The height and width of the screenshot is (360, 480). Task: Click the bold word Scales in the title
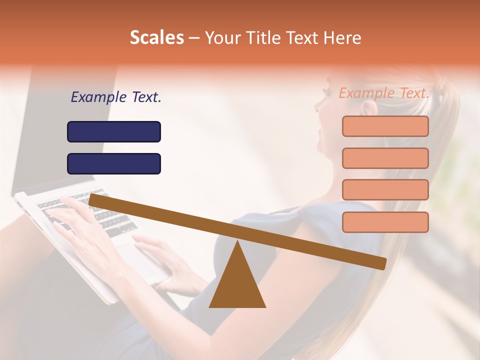(x=156, y=38)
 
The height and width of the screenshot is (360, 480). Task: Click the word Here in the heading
(x=342, y=38)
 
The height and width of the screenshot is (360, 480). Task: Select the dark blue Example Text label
(x=116, y=97)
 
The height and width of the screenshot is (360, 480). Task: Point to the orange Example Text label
(x=383, y=93)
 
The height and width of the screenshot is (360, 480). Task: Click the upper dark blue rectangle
(x=114, y=131)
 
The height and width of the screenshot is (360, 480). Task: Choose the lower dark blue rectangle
(x=114, y=163)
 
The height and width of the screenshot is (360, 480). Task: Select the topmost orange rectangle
(x=385, y=126)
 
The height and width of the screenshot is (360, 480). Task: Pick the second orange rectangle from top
(x=385, y=158)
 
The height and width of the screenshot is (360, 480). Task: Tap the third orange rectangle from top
(x=385, y=189)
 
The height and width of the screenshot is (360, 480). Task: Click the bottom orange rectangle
(x=385, y=222)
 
